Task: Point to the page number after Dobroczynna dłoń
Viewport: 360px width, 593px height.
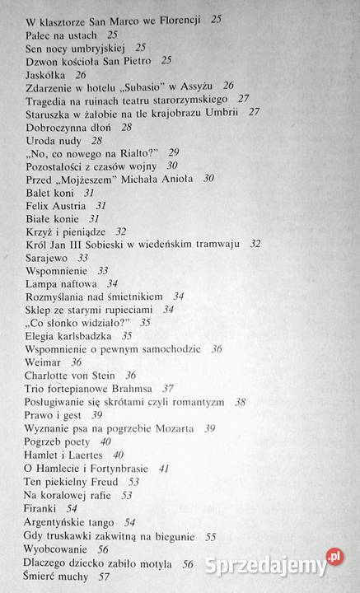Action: [x=127, y=128]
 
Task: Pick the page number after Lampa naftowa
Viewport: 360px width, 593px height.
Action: [x=113, y=283]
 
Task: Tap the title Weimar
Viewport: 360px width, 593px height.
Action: [x=44, y=362]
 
